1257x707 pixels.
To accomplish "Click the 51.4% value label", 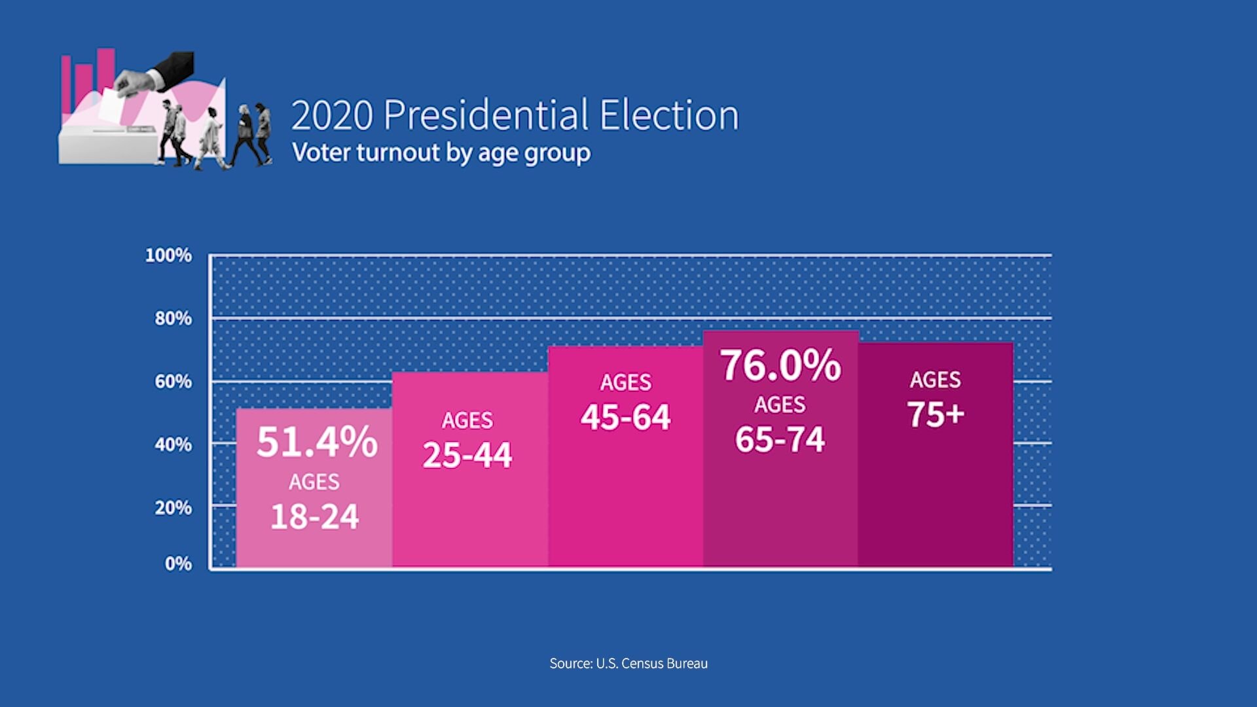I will [317, 442].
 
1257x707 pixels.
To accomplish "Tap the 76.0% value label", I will [780, 365].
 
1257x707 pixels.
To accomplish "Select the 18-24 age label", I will [314, 517].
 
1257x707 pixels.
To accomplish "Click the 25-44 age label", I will [467, 455].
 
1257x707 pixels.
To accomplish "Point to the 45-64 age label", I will [625, 417].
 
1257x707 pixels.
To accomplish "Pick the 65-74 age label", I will [780, 439].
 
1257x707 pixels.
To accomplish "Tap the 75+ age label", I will [936, 414].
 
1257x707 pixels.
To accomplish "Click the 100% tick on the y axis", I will [168, 255].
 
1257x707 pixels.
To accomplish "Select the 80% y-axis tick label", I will [173, 319].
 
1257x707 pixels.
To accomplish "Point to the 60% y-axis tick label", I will [173, 382].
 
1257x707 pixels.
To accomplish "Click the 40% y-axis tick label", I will [173, 445].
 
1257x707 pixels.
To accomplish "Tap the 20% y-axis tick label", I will [173, 508].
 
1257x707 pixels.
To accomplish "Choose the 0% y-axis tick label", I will [178, 564].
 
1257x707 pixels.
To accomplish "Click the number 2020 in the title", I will [332, 116].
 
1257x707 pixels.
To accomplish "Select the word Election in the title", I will [669, 116].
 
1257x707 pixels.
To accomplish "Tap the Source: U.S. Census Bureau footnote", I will [628, 663].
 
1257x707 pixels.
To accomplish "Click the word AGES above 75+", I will [935, 380].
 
